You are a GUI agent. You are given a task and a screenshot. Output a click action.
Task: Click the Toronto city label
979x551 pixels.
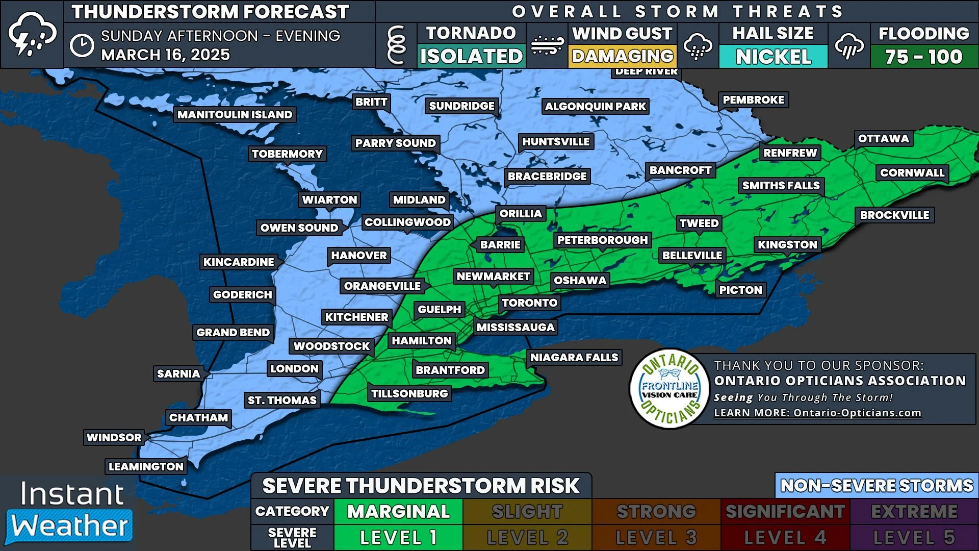(530, 303)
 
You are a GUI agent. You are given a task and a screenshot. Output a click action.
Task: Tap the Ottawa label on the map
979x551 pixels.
(883, 139)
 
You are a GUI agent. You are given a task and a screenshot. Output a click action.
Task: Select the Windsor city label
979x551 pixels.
(114, 438)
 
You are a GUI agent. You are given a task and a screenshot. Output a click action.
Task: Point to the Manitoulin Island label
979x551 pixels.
(235, 115)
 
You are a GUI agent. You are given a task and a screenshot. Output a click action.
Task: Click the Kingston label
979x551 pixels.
(787, 245)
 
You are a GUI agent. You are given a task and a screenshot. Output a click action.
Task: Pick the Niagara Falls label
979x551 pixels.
(574, 358)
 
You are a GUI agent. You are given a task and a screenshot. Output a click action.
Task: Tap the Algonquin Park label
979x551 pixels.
(595, 107)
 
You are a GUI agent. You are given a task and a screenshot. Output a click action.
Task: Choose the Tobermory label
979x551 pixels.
(287, 154)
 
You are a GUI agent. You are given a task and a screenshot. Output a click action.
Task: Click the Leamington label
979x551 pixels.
(146, 467)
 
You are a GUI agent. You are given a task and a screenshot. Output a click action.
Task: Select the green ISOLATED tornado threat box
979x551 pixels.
(471, 56)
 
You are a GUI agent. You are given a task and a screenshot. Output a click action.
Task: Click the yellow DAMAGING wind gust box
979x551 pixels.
(623, 56)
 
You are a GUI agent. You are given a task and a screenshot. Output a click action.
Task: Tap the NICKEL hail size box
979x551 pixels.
(773, 57)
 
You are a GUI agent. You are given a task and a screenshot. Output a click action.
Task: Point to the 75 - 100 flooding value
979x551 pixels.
(923, 57)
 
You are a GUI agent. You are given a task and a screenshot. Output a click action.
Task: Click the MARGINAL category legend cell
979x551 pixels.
(398, 512)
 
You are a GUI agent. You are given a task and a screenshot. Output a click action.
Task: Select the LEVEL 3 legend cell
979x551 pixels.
(656, 537)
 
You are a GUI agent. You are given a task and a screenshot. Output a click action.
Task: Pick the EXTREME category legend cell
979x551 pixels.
(914, 512)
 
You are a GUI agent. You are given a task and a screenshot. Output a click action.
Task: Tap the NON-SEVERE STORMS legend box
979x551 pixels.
(877, 486)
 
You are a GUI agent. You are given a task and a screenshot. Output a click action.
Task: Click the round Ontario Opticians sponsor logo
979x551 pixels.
(670, 389)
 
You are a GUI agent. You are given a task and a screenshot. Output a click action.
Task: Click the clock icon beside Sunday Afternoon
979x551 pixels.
(82, 45)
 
